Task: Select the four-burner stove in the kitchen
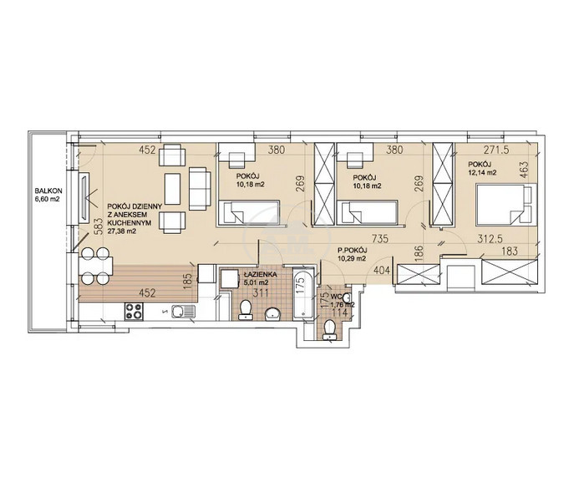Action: click(134, 311)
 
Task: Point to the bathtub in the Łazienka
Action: click(303, 292)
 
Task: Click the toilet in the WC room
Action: click(330, 329)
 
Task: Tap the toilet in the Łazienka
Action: click(245, 310)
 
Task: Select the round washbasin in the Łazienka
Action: click(272, 313)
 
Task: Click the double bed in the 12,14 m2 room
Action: click(505, 205)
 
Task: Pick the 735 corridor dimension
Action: click(379, 239)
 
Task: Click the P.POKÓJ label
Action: click(352, 251)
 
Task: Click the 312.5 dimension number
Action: click(490, 239)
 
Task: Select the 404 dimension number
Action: click(381, 271)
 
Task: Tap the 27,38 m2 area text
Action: click(119, 231)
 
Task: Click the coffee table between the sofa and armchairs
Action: click(172, 189)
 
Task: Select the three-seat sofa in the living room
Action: click(200, 189)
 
